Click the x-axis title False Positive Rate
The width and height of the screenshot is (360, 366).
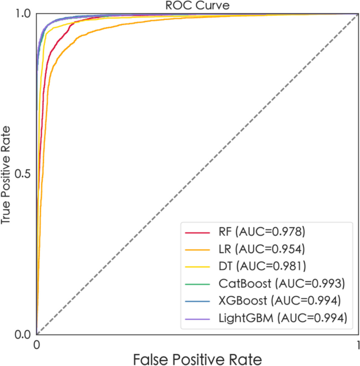197,359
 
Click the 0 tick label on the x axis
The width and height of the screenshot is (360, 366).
36,344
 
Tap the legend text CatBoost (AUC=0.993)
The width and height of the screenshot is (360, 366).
281,284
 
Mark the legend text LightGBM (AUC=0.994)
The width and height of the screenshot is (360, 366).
282,318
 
